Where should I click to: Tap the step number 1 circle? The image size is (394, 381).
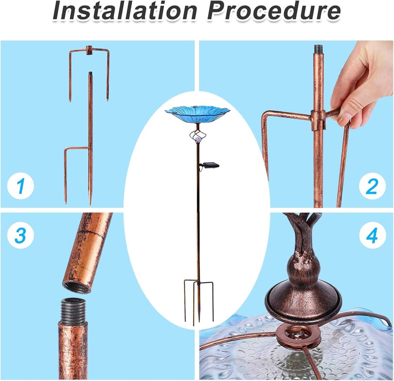(20, 186)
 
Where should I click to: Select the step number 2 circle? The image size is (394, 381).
(372, 186)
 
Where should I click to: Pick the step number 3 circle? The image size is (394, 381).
(20, 235)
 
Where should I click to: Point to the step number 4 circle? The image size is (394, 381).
(372, 235)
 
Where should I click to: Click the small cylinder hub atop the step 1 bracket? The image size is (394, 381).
(90, 50)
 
